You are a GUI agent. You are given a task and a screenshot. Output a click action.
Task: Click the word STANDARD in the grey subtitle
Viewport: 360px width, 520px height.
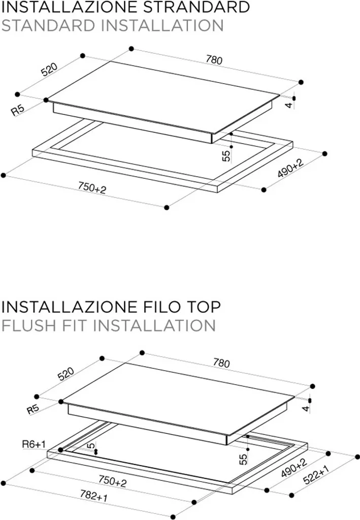(48, 25)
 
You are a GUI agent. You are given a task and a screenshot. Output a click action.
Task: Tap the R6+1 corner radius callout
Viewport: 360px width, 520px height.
(34, 444)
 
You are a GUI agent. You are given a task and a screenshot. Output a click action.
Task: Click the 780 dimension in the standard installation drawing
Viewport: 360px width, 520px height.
(214, 60)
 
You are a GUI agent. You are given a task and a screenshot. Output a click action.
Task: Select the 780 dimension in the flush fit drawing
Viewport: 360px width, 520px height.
(221, 363)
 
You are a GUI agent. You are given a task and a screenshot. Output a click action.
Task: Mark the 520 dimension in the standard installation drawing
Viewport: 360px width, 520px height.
(49, 69)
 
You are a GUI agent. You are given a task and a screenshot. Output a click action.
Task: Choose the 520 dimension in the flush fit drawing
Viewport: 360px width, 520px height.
(66, 374)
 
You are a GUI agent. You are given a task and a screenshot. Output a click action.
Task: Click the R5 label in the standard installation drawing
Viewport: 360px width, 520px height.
(18, 110)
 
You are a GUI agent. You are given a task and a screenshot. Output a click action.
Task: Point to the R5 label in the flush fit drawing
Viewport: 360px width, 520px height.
(33, 409)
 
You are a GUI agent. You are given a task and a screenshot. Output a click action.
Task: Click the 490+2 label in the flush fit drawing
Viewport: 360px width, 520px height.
(294, 467)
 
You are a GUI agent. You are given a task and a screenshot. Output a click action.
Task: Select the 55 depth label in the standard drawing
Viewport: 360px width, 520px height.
(226, 156)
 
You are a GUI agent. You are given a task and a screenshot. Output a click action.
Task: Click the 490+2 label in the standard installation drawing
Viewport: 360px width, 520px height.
(290, 168)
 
